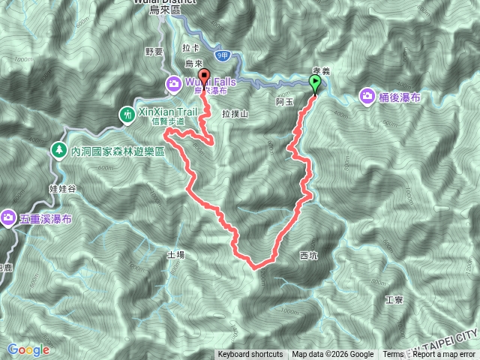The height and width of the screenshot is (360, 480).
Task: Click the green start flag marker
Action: pyautogui.click(x=314, y=83)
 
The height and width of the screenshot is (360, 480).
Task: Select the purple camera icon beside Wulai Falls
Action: pyautogui.click(x=173, y=82)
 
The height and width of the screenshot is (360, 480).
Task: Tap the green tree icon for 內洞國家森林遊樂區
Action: pyautogui.click(x=58, y=150)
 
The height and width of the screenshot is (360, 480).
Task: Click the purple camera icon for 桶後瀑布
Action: pyautogui.click(x=367, y=95)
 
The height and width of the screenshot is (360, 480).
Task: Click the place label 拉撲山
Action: pyautogui.click(x=235, y=112)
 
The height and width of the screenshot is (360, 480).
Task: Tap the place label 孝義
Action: pyautogui.click(x=322, y=70)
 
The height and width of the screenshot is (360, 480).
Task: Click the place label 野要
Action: pyautogui.click(x=154, y=51)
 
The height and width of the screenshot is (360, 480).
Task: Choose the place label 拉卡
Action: pyautogui.click(x=190, y=47)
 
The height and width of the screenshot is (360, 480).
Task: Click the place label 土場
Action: pyautogui.click(x=175, y=254)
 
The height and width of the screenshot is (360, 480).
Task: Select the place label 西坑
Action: pyautogui.click(x=308, y=255)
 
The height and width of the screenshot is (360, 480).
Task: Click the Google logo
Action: pyautogui.click(x=28, y=349)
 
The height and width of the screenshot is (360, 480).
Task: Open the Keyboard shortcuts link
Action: pyautogui.click(x=250, y=355)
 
